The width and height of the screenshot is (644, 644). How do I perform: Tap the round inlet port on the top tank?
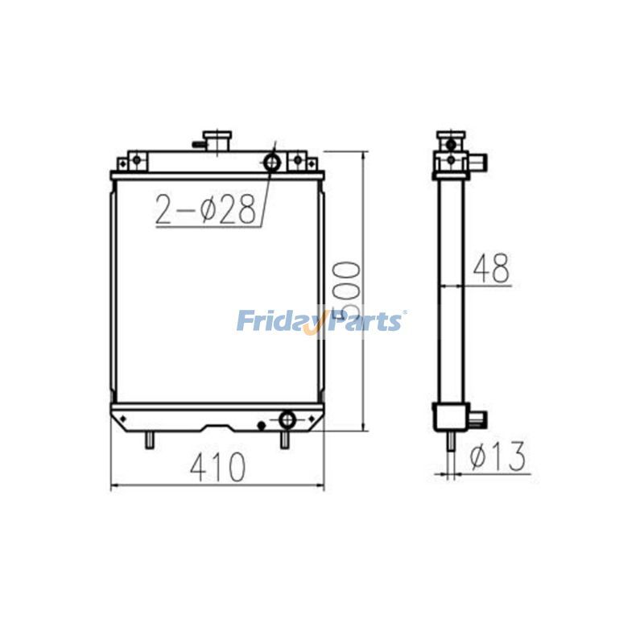tap(273, 164)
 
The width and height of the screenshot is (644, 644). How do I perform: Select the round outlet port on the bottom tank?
tap(287, 419)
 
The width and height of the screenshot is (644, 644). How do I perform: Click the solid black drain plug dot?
tap(261, 424)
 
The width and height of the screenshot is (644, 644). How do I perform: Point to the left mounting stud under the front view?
tap(150, 440)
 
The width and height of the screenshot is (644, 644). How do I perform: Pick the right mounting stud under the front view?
tap(284, 440)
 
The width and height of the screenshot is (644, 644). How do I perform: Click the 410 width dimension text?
tap(217, 468)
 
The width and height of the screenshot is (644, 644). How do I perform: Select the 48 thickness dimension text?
tap(490, 269)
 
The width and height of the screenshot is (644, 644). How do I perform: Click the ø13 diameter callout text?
tap(497, 457)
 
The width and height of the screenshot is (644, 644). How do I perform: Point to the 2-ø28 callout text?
tap(206, 209)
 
